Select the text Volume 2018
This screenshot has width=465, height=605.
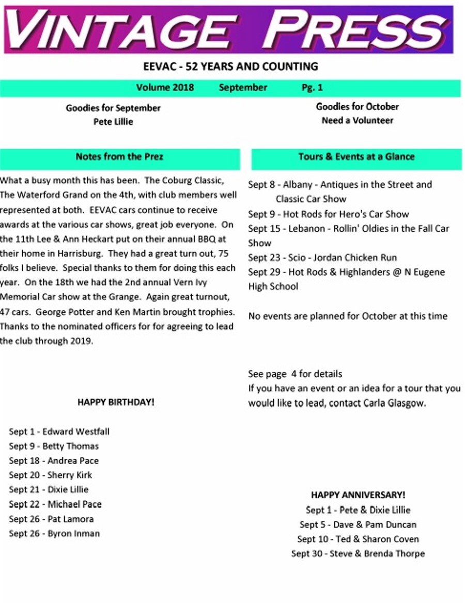pyautogui.click(x=165, y=88)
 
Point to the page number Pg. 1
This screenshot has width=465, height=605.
pyautogui.click(x=312, y=88)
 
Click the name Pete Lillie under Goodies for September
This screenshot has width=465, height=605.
pyautogui.click(x=113, y=122)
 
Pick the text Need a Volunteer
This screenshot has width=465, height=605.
pyautogui.click(x=358, y=121)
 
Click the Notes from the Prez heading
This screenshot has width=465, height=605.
pyautogui.click(x=119, y=157)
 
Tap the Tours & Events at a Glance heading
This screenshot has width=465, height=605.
pyautogui.click(x=357, y=157)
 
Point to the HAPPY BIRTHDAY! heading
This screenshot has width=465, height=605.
pyautogui.click(x=116, y=402)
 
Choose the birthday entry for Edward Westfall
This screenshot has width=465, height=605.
pyautogui.click(x=59, y=432)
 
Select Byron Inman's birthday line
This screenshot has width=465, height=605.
pyautogui.click(x=54, y=533)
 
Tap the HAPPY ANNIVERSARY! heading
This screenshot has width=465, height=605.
pyautogui.click(x=358, y=495)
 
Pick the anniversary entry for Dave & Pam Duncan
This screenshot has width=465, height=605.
pyautogui.click(x=358, y=524)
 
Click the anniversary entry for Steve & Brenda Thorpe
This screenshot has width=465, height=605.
pyautogui.click(x=358, y=554)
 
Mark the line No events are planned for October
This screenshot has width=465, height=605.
pyautogui.click(x=348, y=316)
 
